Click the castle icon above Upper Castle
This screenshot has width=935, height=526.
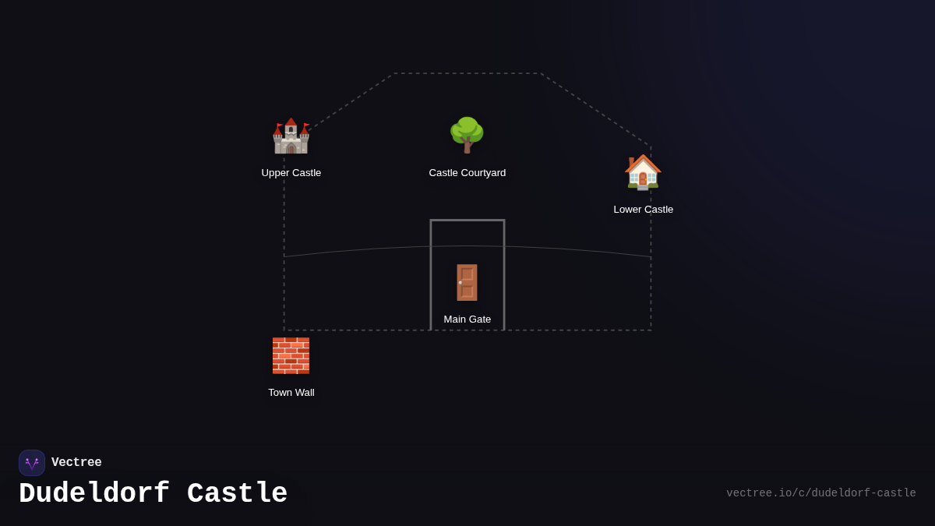(x=291, y=136)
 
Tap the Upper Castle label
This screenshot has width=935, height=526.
(x=291, y=173)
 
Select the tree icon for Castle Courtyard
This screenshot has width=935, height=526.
(x=467, y=134)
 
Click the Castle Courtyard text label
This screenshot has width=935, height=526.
(x=467, y=173)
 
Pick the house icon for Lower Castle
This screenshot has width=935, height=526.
(x=643, y=171)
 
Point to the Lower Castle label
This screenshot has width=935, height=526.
(x=644, y=210)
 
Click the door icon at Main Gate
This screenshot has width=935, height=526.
(x=467, y=282)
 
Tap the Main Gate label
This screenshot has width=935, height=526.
(x=467, y=319)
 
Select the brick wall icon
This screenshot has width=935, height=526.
(x=291, y=355)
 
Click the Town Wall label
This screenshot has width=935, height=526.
(x=291, y=393)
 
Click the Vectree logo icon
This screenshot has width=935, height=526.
(x=32, y=463)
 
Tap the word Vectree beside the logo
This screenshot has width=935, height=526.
(x=76, y=463)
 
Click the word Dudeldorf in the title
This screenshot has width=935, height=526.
(x=94, y=494)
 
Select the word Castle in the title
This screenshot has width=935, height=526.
(x=238, y=494)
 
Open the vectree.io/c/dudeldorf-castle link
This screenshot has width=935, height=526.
(x=821, y=493)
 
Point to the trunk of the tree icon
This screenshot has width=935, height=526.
(x=467, y=147)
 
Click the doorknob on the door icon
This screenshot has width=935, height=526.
(x=460, y=283)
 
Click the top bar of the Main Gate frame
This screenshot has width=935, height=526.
(x=467, y=221)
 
